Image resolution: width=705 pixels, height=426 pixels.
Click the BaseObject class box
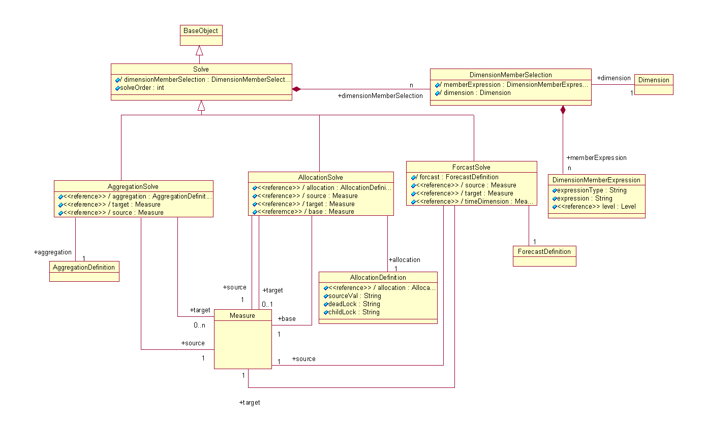pos(201,31)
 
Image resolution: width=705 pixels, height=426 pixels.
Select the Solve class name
pos(201,69)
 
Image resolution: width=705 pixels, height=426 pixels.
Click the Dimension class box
pos(654,80)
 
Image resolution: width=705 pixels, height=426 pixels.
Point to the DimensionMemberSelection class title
pos(510,75)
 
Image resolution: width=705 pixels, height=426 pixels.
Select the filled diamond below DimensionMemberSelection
pos(563,110)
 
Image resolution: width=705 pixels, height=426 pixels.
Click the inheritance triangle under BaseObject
pos(199,51)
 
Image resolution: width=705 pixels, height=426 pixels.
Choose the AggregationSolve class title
pos(133,186)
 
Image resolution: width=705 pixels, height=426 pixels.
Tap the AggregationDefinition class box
pos(84,267)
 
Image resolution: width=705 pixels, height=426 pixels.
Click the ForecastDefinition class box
pos(544,252)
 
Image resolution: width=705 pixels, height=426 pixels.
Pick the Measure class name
pos(242,315)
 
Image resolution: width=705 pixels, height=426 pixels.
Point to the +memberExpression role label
pos(596,158)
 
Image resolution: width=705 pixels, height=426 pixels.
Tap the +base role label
pos(287,319)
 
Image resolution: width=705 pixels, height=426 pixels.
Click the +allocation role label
pos(404,260)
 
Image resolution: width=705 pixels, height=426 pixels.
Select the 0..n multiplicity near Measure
pos(199,325)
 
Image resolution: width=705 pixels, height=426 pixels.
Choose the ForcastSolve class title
pos(471,167)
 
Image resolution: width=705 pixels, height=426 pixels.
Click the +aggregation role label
pos(53,252)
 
